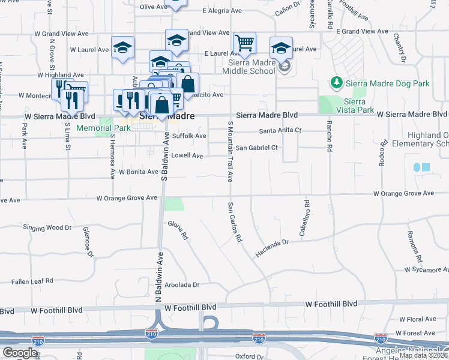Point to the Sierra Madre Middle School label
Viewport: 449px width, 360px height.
(x=249, y=66)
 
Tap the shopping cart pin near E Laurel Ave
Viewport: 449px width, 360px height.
(x=244, y=43)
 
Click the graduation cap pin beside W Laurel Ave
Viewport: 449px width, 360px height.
(x=122, y=48)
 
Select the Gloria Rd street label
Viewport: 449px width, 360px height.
(x=178, y=231)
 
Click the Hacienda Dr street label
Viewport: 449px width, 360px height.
(x=273, y=242)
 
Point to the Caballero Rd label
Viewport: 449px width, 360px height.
(x=302, y=218)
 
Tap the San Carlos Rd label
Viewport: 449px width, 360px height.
(x=234, y=222)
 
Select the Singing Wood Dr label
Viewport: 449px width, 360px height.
(x=47, y=228)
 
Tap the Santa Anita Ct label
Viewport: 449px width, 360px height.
(x=280, y=130)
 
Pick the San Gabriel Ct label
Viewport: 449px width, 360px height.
(x=257, y=148)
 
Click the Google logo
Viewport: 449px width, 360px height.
(x=20, y=352)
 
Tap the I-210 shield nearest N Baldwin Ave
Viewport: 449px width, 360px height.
(x=152, y=331)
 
